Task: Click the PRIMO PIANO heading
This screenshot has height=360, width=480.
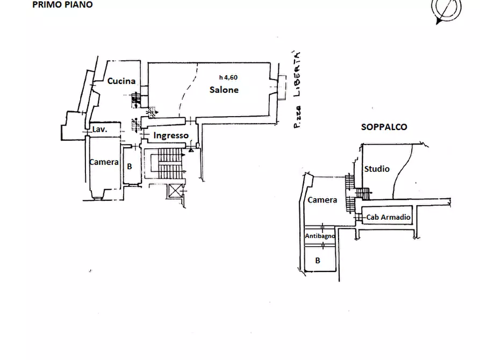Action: (x=62, y=5)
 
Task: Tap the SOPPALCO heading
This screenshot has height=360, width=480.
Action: (x=384, y=127)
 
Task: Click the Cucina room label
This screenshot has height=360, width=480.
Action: (x=121, y=81)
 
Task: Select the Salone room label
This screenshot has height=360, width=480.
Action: (x=224, y=90)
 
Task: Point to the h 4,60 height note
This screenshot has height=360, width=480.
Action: (x=228, y=77)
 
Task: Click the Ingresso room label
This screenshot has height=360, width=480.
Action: (x=171, y=135)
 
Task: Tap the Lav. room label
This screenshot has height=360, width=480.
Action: (x=100, y=129)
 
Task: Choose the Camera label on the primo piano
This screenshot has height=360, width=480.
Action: (x=104, y=162)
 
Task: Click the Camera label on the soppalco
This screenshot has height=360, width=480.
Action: (x=322, y=200)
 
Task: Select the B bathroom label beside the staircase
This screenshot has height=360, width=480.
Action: (x=130, y=166)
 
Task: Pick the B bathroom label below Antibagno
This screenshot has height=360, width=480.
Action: (x=318, y=260)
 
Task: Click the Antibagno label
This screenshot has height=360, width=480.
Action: (x=320, y=236)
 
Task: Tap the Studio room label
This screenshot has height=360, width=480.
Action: (x=377, y=169)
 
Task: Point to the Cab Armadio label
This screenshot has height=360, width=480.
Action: (x=388, y=217)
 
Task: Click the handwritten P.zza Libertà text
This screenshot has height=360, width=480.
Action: (x=296, y=89)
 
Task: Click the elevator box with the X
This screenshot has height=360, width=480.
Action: (x=175, y=191)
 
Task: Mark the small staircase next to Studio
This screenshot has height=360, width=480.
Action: (x=363, y=193)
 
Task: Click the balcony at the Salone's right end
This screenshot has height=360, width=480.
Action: (x=282, y=87)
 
